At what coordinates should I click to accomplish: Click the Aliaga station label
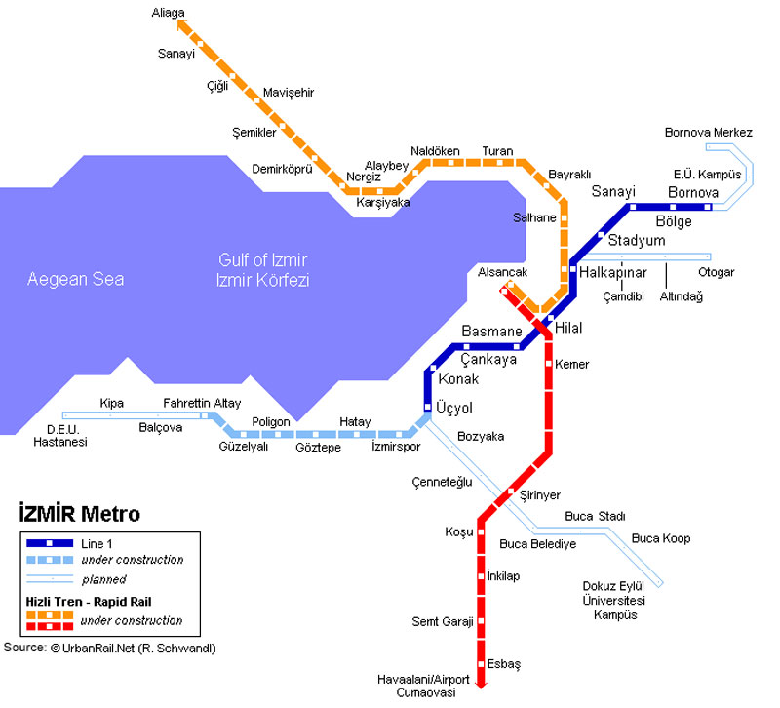coord(168,13)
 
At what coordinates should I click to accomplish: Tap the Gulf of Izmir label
coord(262,260)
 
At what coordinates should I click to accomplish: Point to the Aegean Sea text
coord(76,279)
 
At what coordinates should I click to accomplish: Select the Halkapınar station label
coord(613,273)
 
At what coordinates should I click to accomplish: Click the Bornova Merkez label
coord(709,133)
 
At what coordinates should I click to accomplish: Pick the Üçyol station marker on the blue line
coord(427,407)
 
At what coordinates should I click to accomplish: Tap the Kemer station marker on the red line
coord(549,364)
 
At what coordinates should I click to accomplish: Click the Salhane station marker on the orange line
coord(565,217)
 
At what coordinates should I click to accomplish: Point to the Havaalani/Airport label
coord(423,680)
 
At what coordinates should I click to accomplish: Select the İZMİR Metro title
coord(80,514)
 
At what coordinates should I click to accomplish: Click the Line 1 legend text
coord(97,544)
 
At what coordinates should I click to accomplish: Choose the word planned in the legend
coord(104,579)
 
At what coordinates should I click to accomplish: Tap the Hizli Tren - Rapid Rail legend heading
coord(89,602)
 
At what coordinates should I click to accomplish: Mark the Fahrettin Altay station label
coord(202,403)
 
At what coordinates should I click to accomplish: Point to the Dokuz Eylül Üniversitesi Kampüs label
coord(614,601)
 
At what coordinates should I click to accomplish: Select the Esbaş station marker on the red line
coord(481,664)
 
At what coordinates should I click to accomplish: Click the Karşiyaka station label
coord(383,203)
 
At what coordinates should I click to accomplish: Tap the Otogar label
coord(717,273)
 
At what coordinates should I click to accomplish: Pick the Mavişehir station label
coord(289,93)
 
